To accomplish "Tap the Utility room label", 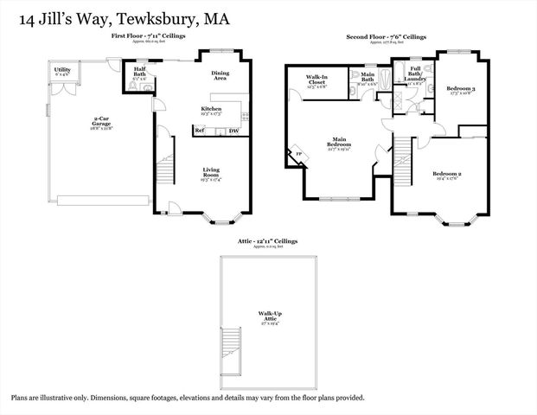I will click(62, 70).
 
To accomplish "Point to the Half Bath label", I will click(139, 72).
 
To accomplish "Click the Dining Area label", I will click(220, 75).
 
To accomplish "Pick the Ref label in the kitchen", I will click(199, 131).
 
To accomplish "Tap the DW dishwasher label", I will click(233, 131).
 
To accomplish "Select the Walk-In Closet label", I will click(316, 80).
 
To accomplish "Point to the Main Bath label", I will click(367, 80).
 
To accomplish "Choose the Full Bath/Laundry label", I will click(414, 76).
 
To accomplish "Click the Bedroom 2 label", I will click(447, 176).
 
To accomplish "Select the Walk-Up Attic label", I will click(272, 315).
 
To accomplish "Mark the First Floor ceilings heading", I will click(146, 35).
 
